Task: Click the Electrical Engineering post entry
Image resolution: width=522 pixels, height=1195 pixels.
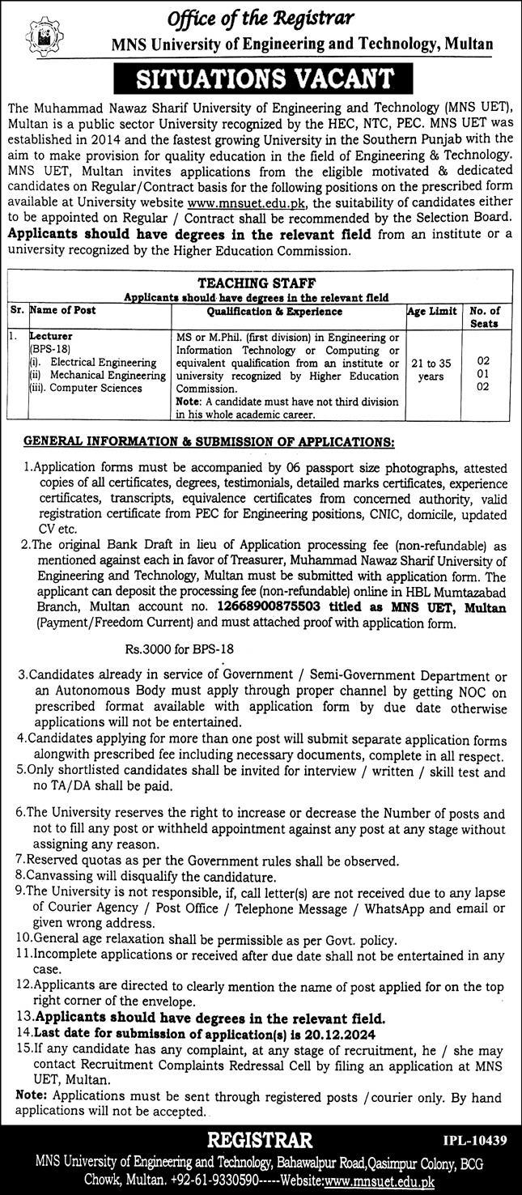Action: (x=95, y=363)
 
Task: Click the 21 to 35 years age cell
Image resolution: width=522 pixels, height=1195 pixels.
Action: (x=432, y=369)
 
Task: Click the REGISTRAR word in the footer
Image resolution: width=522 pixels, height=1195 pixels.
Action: (x=261, y=1141)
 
